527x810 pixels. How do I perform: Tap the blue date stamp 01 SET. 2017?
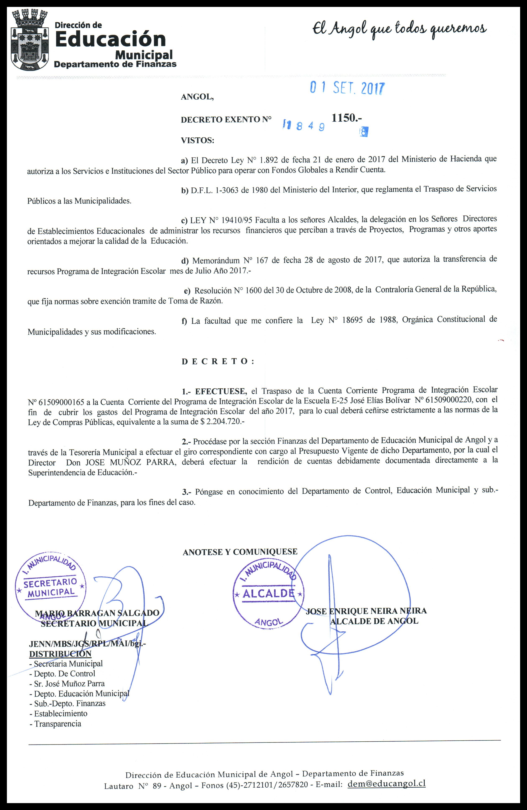[347, 88]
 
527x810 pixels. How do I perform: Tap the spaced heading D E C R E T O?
[218, 361]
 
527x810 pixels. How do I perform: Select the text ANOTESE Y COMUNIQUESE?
[240, 552]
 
